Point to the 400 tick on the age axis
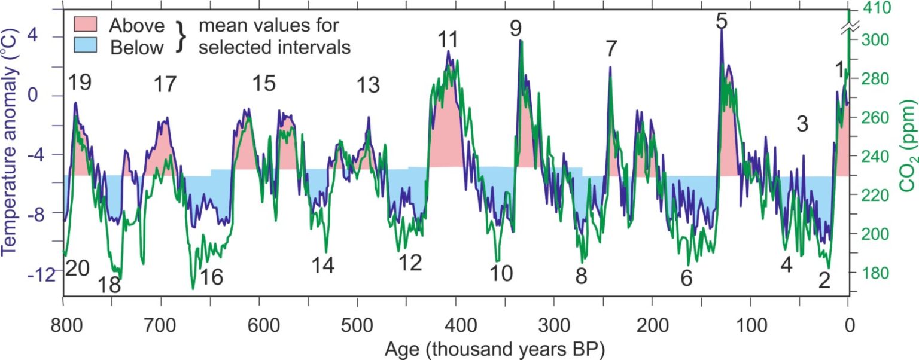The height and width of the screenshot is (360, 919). coord(456,298)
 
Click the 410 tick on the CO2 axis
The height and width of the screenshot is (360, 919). coord(852,8)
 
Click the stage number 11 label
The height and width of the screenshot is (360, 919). coord(448,40)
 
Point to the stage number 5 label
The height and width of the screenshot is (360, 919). coord(722,21)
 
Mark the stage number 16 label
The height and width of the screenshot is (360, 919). coord(211,277)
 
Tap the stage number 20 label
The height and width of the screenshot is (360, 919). coord(77,269)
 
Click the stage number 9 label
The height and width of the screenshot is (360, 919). coord(516,28)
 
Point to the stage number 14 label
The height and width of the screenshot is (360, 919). coord(323,264)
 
